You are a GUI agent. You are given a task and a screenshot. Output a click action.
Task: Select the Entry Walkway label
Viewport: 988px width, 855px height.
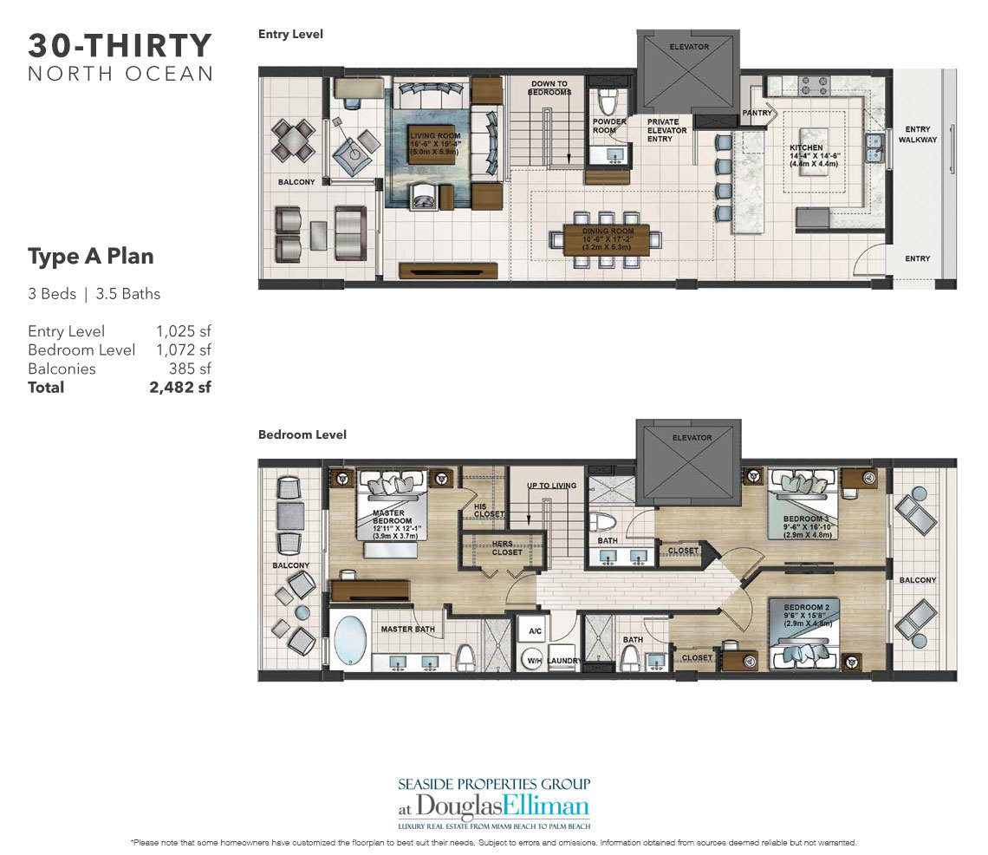[x=918, y=134]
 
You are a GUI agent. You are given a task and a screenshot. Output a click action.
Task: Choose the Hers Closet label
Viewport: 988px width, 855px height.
[x=507, y=546]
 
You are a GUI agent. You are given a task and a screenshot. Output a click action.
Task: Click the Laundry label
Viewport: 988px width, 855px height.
[x=562, y=661]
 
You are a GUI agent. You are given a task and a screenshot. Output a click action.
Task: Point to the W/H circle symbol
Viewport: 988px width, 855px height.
[x=534, y=662]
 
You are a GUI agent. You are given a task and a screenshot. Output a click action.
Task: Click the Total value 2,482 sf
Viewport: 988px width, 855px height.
[x=180, y=388]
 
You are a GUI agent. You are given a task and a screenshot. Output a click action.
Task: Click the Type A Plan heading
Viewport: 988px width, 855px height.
[x=91, y=257]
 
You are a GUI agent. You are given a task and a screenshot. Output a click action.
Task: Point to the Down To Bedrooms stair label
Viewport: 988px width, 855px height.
[x=550, y=88]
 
